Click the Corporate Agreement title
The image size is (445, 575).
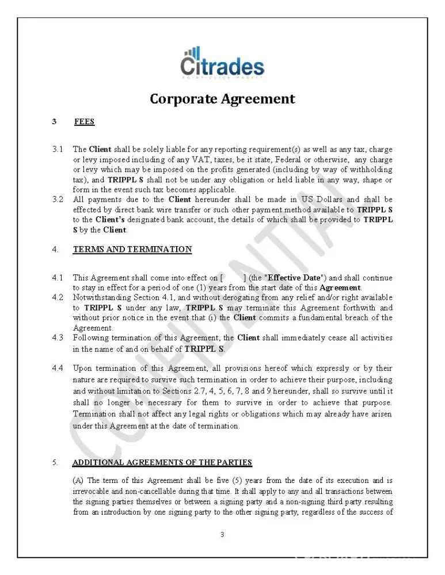222,99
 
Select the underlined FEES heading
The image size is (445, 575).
84,122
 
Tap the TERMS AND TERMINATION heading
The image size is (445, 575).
132,250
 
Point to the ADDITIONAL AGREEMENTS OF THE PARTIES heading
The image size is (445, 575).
162,463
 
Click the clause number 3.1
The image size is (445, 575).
58,149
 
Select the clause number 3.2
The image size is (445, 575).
58,200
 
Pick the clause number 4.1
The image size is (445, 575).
58,278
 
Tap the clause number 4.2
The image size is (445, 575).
58,298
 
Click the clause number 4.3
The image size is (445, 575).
58,338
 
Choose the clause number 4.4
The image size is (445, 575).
58,368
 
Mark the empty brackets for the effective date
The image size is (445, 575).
233,278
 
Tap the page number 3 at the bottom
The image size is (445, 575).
222,535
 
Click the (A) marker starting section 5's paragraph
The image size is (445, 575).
78,481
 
